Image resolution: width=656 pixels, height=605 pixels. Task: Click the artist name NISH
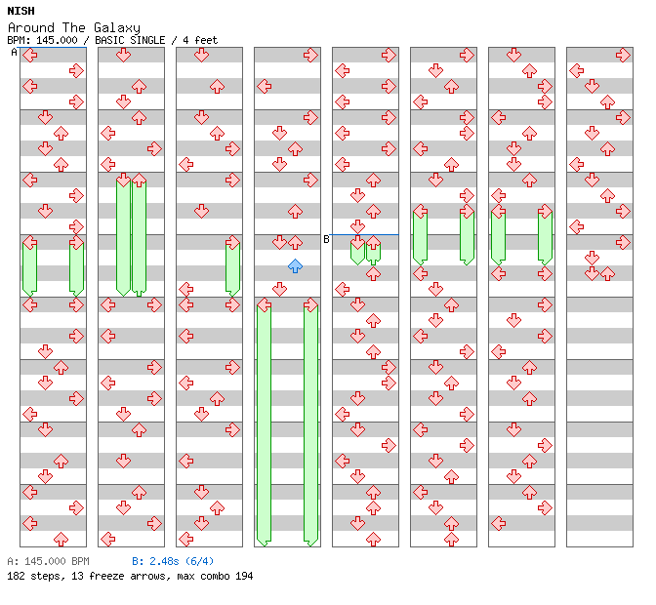tap(20, 11)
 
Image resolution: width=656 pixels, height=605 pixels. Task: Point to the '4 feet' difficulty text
tap(199, 40)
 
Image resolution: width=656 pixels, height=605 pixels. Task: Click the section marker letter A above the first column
tap(14, 52)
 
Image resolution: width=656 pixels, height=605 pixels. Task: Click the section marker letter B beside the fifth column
tap(326, 239)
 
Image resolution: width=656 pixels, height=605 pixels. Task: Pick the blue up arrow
tap(295, 265)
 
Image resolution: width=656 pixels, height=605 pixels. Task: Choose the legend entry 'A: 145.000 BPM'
tap(48, 561)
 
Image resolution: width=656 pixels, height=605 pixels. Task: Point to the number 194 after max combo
tap(243, 576)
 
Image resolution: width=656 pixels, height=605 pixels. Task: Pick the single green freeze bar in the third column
tap(232, 266)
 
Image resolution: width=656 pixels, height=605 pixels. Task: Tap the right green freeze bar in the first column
tap(76, 266)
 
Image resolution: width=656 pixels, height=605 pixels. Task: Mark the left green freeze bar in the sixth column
tap(420, 235)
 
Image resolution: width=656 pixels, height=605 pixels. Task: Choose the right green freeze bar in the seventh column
tap(545, 235)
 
